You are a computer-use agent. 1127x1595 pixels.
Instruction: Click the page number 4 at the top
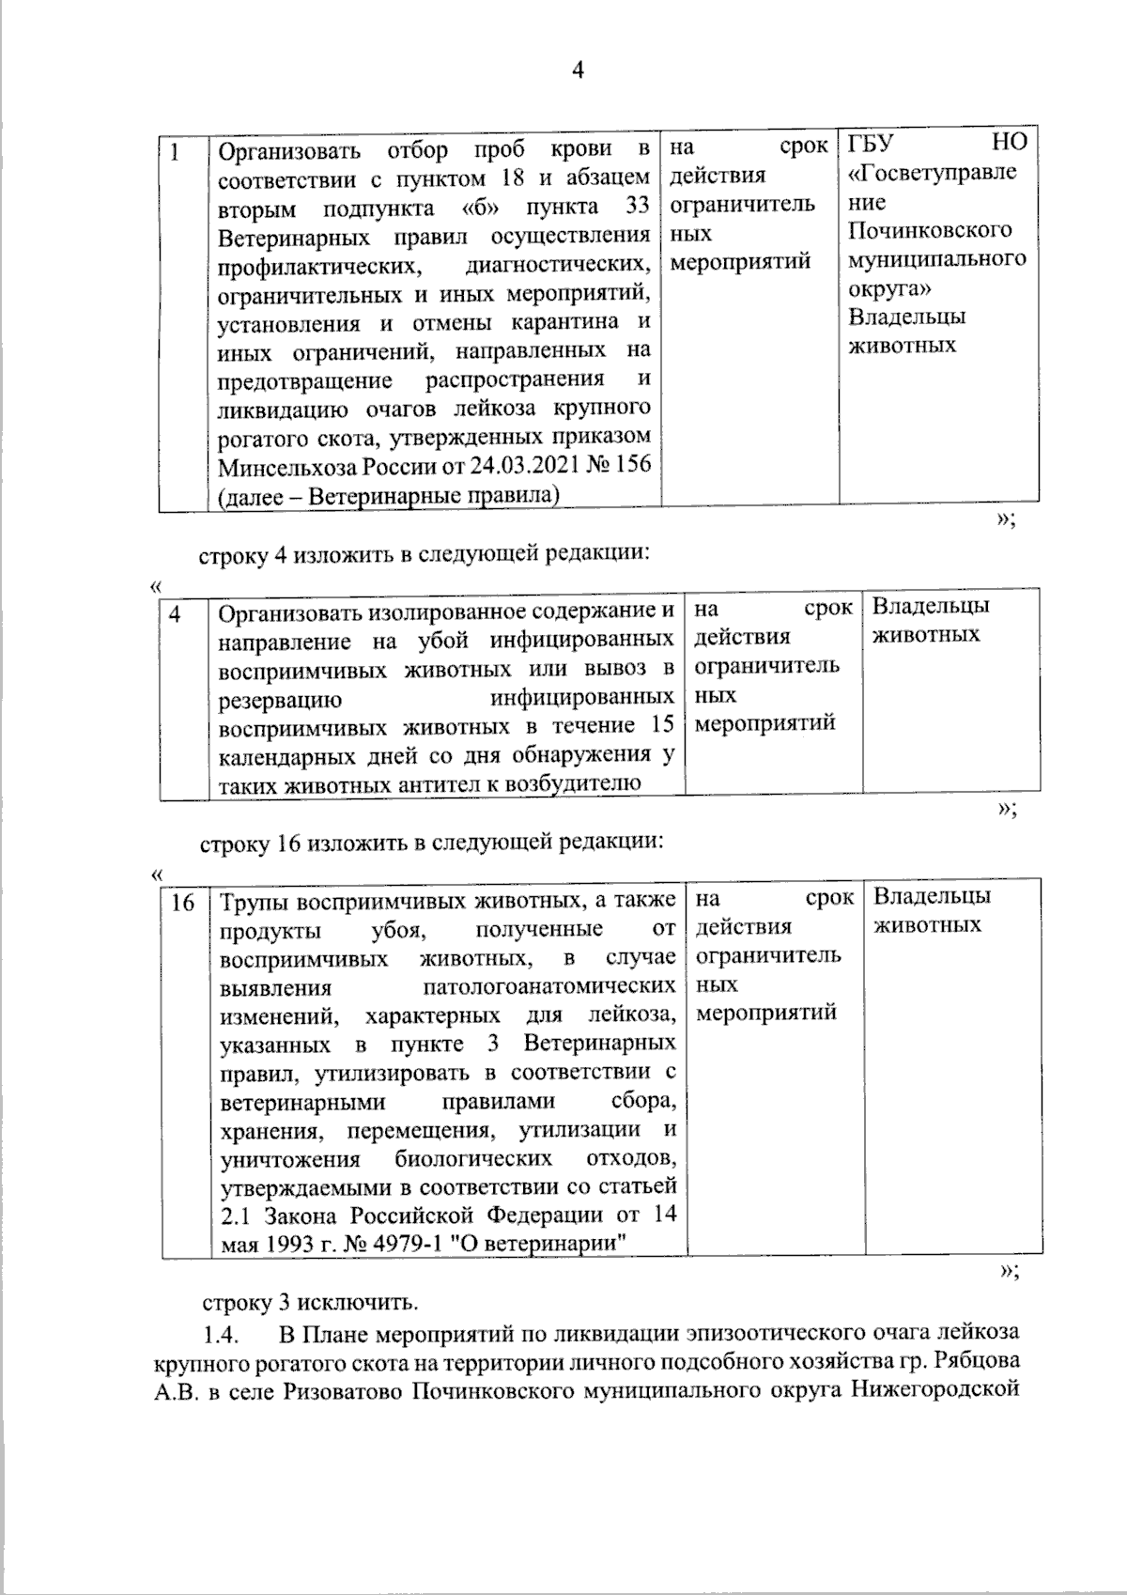coord(578,71)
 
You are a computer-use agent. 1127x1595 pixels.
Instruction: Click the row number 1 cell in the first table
coord(176,150)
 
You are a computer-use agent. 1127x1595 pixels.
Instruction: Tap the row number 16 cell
coord(182,903)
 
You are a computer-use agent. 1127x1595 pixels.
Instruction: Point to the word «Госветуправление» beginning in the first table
coord(932,173)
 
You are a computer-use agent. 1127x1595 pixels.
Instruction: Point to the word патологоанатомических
coord(549,988)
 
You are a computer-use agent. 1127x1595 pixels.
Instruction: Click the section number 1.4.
coord(222,1333)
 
